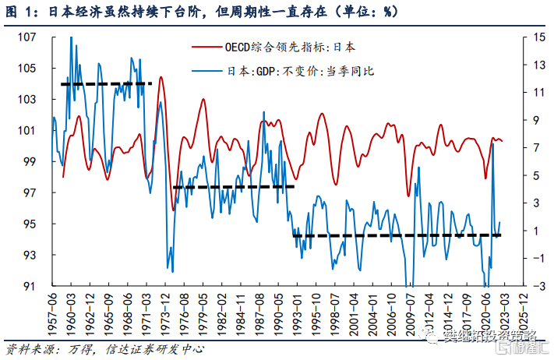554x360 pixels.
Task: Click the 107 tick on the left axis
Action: [37, 37]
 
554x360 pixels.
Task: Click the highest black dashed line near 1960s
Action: [106, 83]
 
